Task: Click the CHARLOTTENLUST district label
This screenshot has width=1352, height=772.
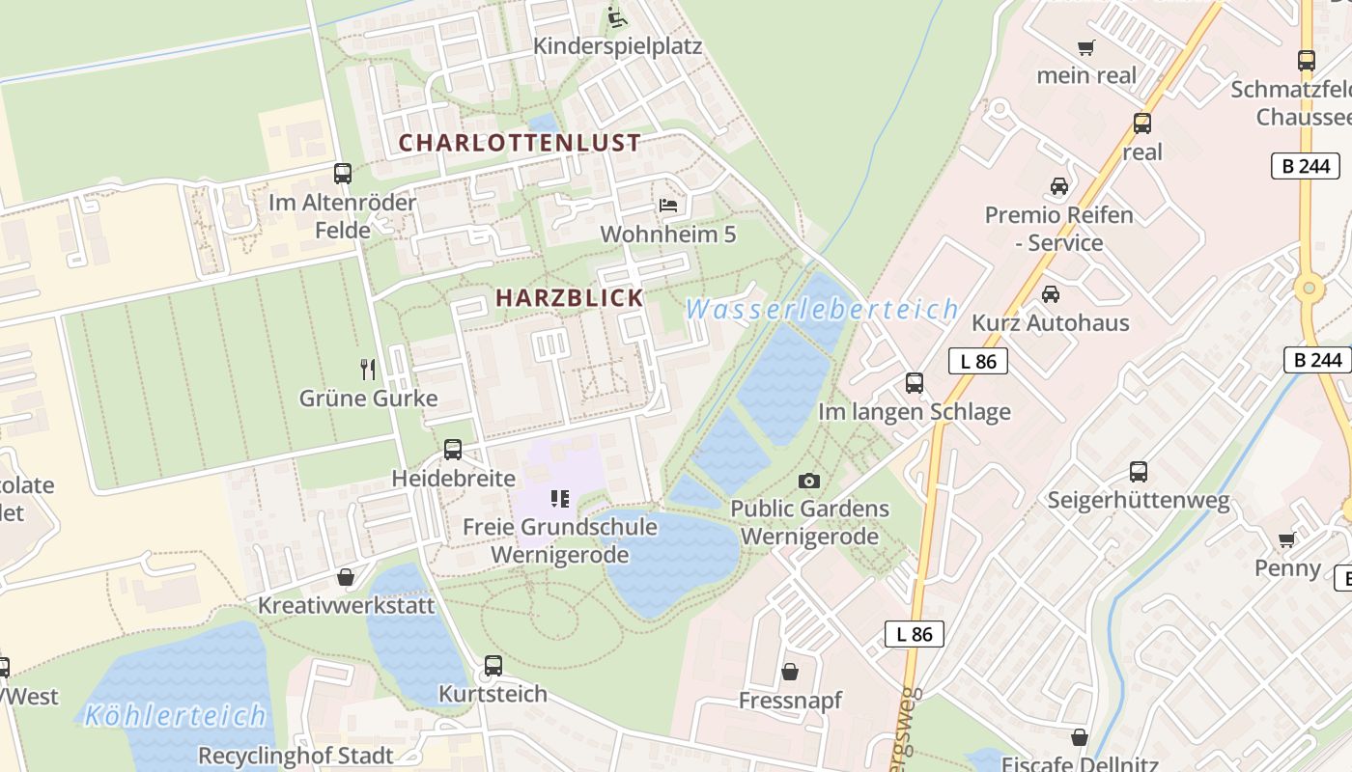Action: [520, 143]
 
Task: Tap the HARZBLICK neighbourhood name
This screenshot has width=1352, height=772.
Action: [570, 298]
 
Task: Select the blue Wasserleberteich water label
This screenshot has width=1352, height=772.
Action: [822, 310]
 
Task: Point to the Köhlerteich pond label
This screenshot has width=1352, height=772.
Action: [175, 716]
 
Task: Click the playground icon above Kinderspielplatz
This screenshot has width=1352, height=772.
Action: [616, 17]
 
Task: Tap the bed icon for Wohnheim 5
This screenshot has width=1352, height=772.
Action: [668, 205]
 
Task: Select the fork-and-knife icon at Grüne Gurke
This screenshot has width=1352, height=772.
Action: [368, 369]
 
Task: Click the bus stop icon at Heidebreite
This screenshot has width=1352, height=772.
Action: [453, 450]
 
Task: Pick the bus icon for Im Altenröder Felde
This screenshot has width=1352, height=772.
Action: [343, 174]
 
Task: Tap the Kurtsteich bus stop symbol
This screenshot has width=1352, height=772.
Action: [493, 666]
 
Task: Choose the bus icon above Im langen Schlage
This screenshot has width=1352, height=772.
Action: [915, 383]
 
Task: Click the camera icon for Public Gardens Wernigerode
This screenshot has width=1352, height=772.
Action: [809, 481]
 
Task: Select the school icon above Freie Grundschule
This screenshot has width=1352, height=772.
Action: [559, 499]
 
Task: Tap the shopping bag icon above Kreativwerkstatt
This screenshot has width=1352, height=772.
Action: [346, 577]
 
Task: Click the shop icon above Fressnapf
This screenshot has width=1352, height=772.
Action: [790, 672]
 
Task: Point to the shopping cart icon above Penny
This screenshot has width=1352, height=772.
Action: [1287, 539]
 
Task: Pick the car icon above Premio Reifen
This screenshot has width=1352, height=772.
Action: [1059, 186]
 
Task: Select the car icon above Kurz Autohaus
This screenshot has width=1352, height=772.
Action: [1051, 293]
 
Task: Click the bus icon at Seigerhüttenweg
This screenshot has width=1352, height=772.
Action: [1139, 472]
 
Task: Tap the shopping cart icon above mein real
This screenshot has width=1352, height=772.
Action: [1086, 47]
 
